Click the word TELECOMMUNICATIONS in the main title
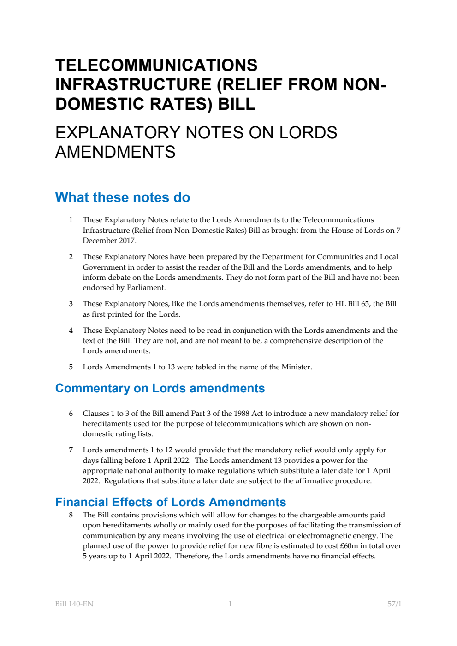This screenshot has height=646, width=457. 156,65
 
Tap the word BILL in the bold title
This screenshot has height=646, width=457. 237,104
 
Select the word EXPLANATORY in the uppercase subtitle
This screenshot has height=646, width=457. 117,133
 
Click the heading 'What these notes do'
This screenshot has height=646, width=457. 123,197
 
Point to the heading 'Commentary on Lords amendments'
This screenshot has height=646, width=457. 160,388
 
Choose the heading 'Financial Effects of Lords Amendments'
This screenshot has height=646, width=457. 171,502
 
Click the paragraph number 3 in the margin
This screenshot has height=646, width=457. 71,304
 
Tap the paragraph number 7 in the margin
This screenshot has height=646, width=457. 71,450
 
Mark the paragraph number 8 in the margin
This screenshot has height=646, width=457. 71,515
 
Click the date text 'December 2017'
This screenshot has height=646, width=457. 109,241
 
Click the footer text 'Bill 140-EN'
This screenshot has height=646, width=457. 74,604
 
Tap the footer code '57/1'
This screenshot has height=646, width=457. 394,604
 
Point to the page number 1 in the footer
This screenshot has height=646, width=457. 230,604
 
